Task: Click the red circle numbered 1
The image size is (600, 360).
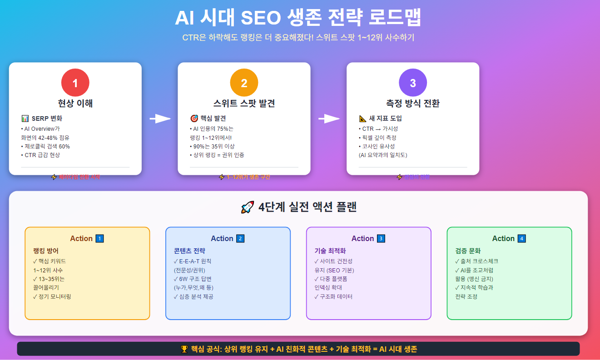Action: pyautogui.click(x=75, y=83)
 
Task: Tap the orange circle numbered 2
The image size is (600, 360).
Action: pyautogui.click(x=244, y=83)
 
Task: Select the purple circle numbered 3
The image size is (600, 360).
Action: pyautogui.click(x=413, y=83)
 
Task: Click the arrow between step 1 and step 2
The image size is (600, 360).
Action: pyautogui.click(x=160, y=119)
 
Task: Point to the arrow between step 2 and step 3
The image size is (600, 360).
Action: pyautogui.click(x=329, y=119)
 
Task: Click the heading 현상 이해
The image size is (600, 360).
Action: pyautogui.click(x=75, y=103)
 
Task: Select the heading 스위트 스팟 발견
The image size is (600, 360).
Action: pyautogui.click(x=244, y=103)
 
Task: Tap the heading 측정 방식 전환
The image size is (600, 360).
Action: pyautogui.click(x=413, y=103)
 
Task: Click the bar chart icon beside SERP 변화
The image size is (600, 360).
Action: pyautogui.click(x=25, y=118)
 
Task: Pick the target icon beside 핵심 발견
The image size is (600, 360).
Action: pyautogui.click(x=194, y=118)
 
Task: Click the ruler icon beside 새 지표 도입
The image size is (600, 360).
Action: pyautogui.click(x=363, y=118)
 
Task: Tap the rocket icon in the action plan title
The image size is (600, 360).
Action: pyautogui.click(x=248, y=207)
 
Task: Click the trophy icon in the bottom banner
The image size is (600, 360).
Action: pyautogui.click(x=184, y=349)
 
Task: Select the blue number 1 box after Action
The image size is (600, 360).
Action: pyautogui.click(x=100, y=238)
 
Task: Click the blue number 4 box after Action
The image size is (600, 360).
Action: pyautogui.click(x=522, y=238)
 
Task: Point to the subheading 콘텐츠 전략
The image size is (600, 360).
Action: pyautogui.click(x=189, y=251)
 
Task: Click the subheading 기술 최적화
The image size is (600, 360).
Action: pyautogui.click(x=330, y=251)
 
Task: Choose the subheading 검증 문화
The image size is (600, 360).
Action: pyautogui.click(x=468, y=251)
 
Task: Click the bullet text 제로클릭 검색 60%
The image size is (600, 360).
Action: pyautogui.click(x=45, y=146)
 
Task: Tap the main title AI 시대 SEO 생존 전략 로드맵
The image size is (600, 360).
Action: pyautogui.click(x=298, y=19)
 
